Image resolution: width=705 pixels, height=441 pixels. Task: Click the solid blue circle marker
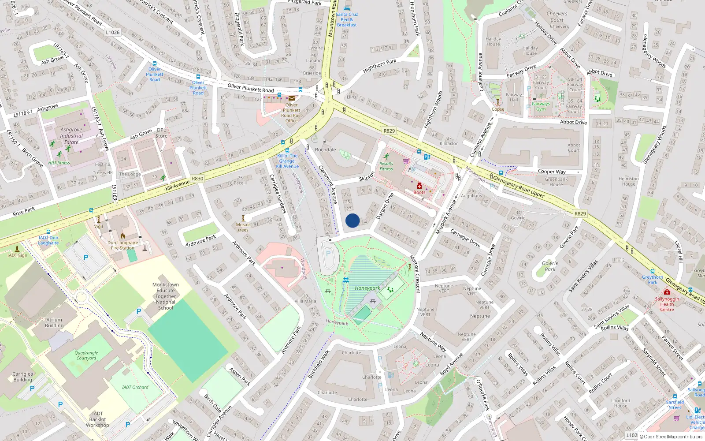[x=352, y=220]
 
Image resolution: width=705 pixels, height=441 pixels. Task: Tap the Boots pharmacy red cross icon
[x=419, y=186]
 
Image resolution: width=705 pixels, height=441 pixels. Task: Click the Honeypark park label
[x=367, y=288]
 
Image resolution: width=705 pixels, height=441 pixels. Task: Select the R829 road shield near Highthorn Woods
[x=389, y=131]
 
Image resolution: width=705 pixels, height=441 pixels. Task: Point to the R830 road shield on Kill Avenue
[x=197, y=179]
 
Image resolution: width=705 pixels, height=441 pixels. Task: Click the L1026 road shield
[x=112, y=32]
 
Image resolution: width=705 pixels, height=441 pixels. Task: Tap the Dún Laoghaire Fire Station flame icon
[x=123, y=236]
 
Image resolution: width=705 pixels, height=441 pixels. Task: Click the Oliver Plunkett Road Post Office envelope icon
[x=292, y=98]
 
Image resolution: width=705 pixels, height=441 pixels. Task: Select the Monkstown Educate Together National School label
[x=166, y=296]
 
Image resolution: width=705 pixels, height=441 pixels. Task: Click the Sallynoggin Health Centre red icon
[x=667, y=292]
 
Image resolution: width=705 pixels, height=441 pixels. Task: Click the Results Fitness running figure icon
[x=386, y=156]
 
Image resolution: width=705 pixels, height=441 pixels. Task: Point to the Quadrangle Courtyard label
[x=86, y=355]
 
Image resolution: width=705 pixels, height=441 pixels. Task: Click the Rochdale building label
[x=325, y=149]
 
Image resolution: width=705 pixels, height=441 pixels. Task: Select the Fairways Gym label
[x=541, y=106]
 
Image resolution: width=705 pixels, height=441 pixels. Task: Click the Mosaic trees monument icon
[x=243, y=218]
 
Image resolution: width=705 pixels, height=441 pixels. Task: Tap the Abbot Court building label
[x=574, y=147]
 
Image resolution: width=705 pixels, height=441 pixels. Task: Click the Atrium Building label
[x=54, y=323]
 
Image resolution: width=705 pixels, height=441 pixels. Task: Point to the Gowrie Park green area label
[x=550, y=266]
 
